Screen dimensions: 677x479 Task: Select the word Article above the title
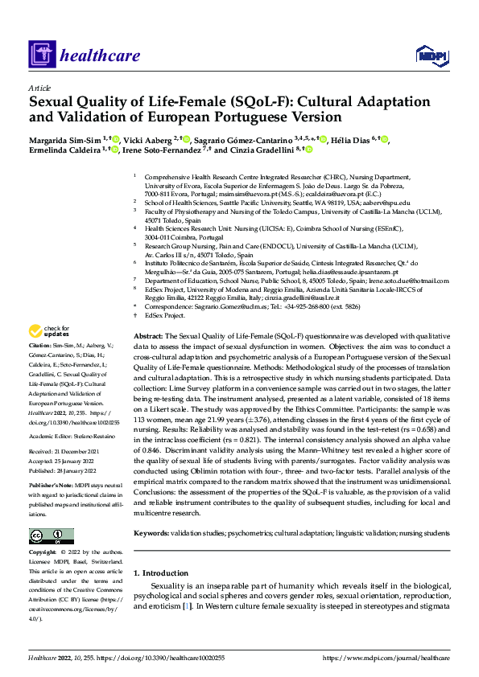coord(39,88)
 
